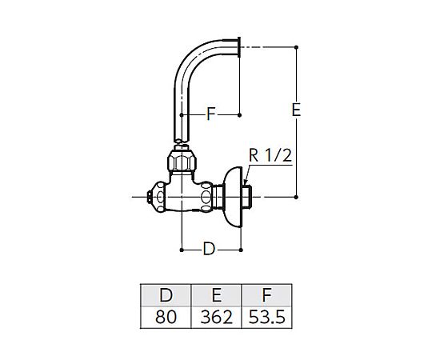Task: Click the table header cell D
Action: click(166, 295)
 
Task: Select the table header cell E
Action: click(216, 295)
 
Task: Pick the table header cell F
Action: click(266, 295)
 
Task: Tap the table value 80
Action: click(166, 317)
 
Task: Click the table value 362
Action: click(216, 317)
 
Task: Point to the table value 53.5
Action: click(266, 317)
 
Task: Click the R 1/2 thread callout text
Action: click(270, 155)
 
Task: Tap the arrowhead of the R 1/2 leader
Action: click(246, 182)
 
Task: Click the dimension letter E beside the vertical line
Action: click(296, 110)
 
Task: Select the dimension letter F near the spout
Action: click(210, 114)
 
